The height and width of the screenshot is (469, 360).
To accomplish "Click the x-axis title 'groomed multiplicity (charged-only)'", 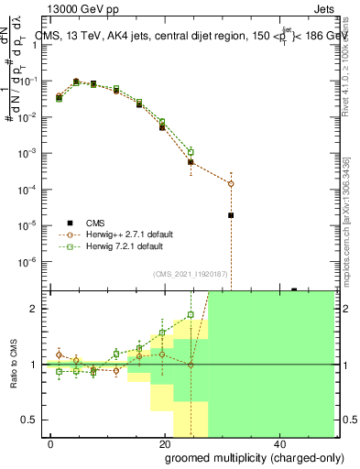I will pos(241,457).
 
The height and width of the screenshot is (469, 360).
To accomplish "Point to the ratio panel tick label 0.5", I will pos(28,420).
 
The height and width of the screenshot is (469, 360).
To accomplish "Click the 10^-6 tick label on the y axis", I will pos(27,261).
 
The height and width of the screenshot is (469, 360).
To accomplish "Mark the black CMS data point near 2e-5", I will pos(231,215).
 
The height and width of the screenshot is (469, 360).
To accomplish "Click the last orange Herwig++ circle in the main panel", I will pos(231,183).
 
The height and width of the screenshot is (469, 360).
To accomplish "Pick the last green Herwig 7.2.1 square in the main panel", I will pos(191,152).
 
